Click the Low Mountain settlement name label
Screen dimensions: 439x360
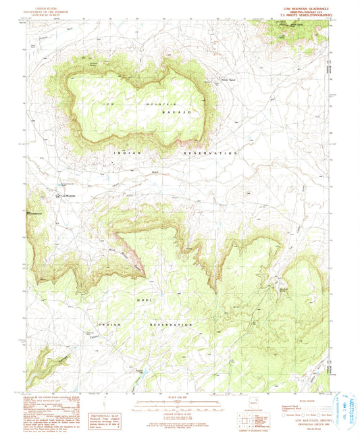click(x=70, y=197)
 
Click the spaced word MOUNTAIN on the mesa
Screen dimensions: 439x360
click(x=151, y=105)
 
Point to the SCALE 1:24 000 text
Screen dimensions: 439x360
click(x=178, y=397)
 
